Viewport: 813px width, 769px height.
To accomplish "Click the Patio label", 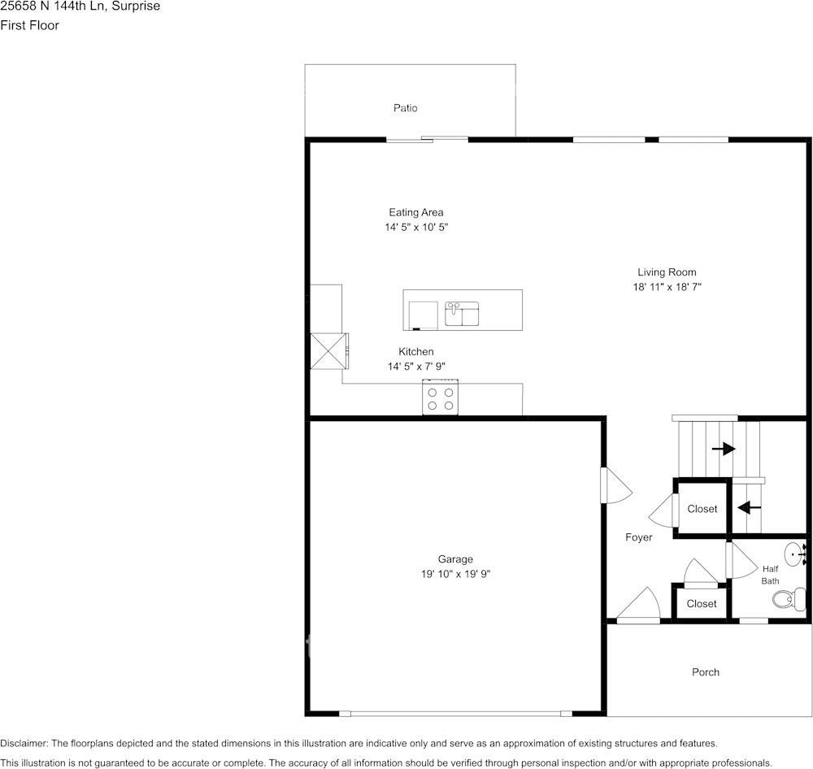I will tap(405, 108).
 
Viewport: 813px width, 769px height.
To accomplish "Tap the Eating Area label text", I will tap(415, 213).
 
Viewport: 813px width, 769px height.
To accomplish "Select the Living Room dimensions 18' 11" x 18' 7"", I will tap(667, 287).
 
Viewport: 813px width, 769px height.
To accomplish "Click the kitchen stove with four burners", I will tap(440, 398).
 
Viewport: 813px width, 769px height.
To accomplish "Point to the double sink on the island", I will tap(462, 313).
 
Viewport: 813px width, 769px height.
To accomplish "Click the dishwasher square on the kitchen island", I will tap(422, 315).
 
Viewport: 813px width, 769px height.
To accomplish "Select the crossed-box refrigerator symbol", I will tap(328, 351).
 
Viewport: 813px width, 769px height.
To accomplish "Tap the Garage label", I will tap(455, 559).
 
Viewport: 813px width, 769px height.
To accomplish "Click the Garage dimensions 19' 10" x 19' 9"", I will tap(455, 574).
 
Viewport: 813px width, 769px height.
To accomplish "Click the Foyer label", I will tap(638, 537).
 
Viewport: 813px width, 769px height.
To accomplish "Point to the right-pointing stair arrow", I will tap(723, 449).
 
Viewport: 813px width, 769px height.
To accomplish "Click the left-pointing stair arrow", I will tap(748, 508).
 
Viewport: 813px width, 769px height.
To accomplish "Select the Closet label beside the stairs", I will tap(702, 509).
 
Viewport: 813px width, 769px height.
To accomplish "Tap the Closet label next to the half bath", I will tap(701, 604).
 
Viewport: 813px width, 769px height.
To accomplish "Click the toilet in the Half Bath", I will tap(785, 600).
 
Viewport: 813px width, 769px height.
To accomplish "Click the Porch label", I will tap(705, 672).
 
